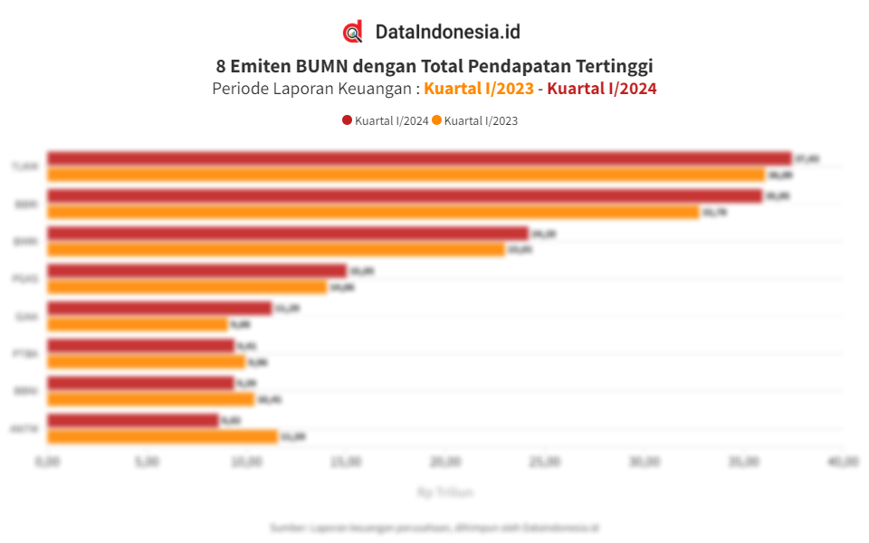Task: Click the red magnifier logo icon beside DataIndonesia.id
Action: (352, 32)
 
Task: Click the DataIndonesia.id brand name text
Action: (447, 32)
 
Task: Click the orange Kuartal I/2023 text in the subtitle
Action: (479, 89)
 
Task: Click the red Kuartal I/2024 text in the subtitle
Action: (602, 89)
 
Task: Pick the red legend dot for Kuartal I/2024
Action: (347, 120)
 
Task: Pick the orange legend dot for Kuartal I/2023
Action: (436, 120)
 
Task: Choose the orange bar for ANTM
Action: (162, 436)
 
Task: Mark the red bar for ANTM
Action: (132, 420)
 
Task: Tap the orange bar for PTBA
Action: (146, 362)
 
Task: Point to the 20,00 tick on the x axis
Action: (444, 462)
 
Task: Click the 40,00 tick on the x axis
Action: (842, 462)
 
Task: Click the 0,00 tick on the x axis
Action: (47, 462)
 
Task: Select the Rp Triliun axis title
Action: (444, 492)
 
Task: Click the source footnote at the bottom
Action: (434, 527)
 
